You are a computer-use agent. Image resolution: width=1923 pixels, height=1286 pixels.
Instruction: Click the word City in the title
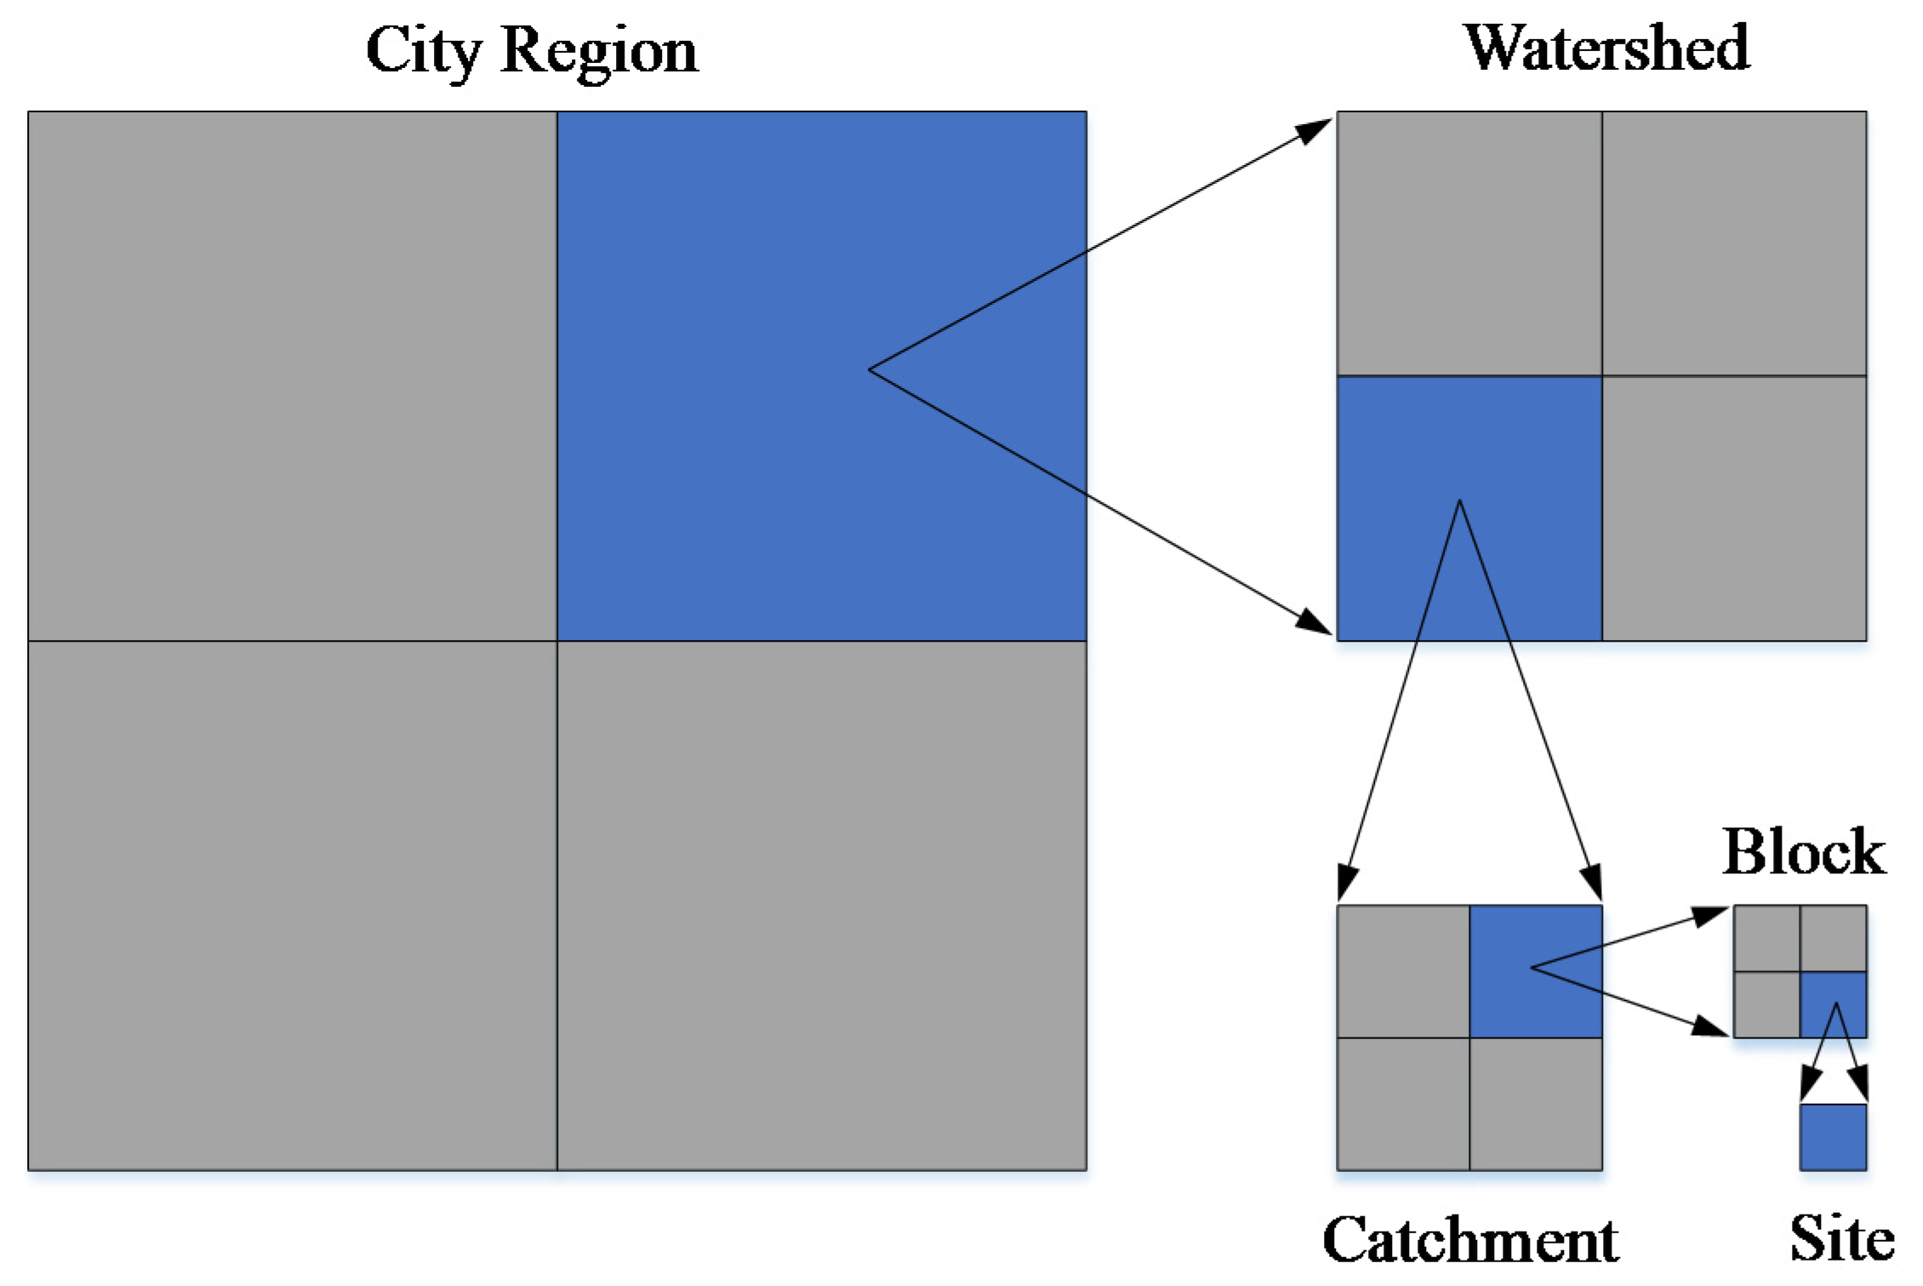click(425, 51)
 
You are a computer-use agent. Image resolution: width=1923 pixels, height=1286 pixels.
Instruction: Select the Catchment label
click(1470, 1240)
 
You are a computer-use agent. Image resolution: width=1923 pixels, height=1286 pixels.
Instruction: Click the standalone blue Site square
click(1834, 1137)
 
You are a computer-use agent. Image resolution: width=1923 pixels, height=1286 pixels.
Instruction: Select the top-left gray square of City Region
click(292, 375)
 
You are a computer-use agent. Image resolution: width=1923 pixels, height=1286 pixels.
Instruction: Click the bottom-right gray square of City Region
click(821, 906)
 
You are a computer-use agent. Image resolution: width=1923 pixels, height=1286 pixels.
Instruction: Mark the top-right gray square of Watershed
click(1734, 243)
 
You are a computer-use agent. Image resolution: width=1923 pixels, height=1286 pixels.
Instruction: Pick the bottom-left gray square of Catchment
click(1403, 1104)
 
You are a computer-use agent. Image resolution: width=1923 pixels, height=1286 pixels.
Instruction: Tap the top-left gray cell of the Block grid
click(1766, 938)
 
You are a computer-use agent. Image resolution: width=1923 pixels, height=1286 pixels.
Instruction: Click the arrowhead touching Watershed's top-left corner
click(1314, 130)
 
